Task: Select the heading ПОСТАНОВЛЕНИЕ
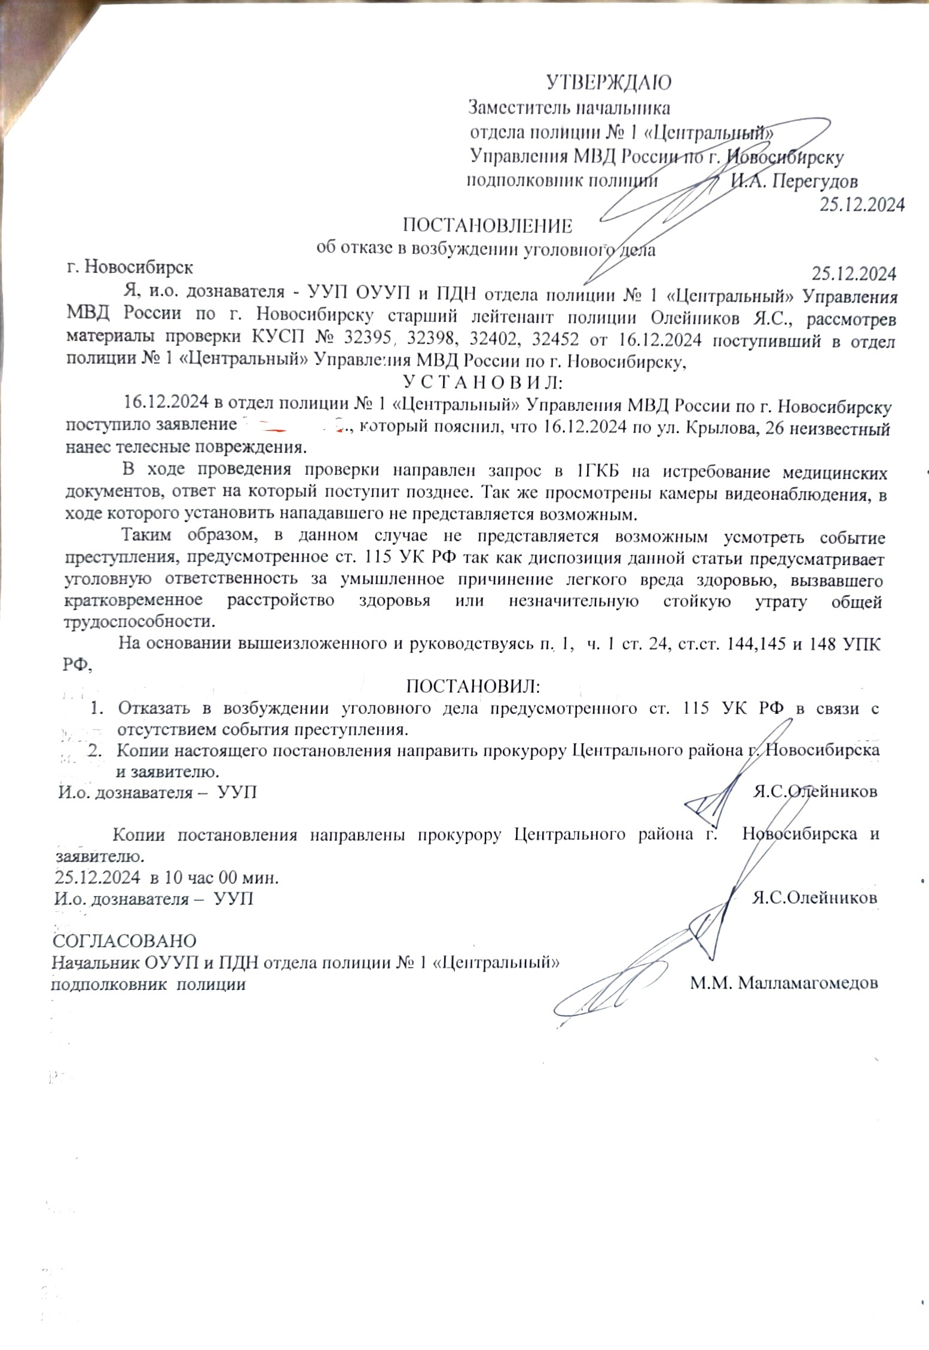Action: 487,226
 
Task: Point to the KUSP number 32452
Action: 555,339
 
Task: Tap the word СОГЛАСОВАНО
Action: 125,940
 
